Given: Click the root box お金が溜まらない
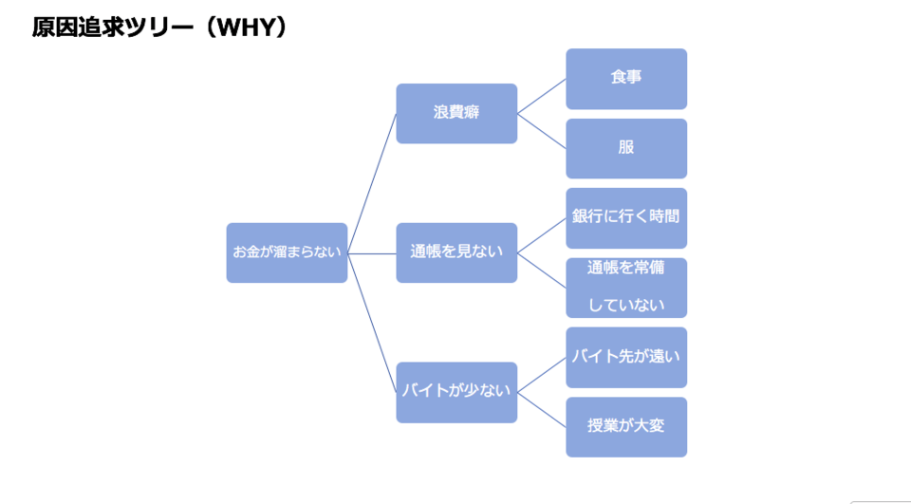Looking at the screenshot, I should tap(287, 252).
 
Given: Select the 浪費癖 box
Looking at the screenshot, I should tap(456, 113).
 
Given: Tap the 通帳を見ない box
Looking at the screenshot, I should tap(456, 252).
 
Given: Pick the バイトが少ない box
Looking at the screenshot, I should tap(456, 391).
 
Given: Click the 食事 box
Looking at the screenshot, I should tap(626, 78).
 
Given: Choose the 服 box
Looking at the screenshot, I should tap(626, 148).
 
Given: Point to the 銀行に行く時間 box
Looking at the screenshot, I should tap(626, 217).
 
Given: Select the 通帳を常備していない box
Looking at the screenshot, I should tap(626, 287).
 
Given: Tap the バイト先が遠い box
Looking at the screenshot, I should tap(626, 357).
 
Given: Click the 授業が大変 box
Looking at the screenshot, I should tap(626, 426).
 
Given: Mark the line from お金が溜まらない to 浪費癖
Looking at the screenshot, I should tap(372, 183).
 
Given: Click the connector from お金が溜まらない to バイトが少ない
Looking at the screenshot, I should tap(372, 323).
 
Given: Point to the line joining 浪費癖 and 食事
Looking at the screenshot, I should tap(542, 96).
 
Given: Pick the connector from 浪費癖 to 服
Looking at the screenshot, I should tap(542, 131).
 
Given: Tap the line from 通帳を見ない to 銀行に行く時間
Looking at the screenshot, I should tap(542, 235).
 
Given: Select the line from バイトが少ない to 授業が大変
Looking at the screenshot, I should tap(542, 409).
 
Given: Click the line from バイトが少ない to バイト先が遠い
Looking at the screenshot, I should tap(542, 374).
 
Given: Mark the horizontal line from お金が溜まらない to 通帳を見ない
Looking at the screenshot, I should tap(372, 253).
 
